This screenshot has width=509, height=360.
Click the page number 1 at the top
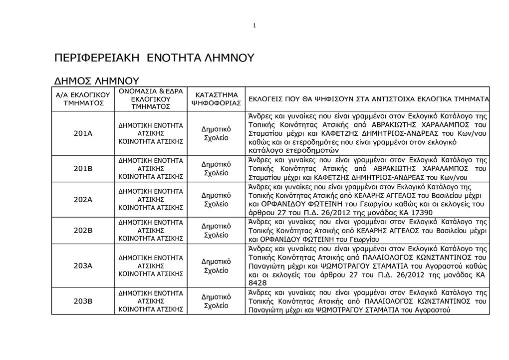tap(254, 25)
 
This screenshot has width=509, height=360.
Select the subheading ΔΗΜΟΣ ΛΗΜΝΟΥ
tap(96, 80)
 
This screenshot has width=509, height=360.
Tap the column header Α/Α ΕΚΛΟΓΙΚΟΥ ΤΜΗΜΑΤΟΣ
tap(83, 99)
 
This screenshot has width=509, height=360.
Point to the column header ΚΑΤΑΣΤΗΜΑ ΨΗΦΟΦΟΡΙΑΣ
tap(216, 99)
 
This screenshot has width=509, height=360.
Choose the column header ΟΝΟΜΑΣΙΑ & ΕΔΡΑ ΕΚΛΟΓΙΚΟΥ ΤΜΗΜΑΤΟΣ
tap(151, 99)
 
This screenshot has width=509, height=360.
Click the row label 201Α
tap(83, 133)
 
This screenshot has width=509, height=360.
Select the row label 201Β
tap(83, 169)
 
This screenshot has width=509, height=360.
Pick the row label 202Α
tap(83, 199)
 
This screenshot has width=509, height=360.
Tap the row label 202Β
tap(83, 230)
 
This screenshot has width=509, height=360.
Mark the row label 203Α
tap(83, 266)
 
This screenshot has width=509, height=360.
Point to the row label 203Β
tap(83, 301)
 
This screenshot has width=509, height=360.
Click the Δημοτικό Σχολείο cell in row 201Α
tap(216, 133)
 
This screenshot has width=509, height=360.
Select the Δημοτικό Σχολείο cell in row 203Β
tap(216, 301)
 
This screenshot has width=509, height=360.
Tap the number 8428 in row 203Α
tap(257, 283)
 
